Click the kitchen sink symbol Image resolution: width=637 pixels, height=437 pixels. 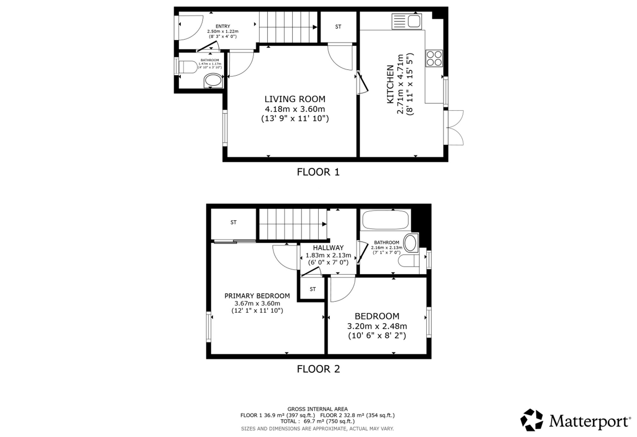[407, 21]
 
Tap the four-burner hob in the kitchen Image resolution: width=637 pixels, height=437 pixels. [434, 58]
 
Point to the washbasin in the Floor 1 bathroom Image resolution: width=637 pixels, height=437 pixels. [213, 81]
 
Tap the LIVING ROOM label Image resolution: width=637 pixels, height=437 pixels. [295, 99]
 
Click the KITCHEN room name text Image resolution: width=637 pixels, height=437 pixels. [390, 84]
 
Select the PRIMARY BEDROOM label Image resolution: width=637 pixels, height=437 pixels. [257, 296]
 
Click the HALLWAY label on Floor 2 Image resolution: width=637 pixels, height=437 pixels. [328, 248]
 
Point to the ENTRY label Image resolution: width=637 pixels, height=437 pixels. [223, 26]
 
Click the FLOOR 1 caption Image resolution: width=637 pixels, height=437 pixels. [318, 172]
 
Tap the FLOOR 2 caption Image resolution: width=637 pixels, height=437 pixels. [318, 369]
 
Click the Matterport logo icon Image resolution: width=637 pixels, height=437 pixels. [532, 420]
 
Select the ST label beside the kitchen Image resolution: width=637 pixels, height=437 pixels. [338, 27]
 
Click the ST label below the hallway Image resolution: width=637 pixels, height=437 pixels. [313, 289]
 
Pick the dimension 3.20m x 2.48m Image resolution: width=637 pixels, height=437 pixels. [377, 326]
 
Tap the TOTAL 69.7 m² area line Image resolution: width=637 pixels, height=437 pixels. [318, 421]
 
